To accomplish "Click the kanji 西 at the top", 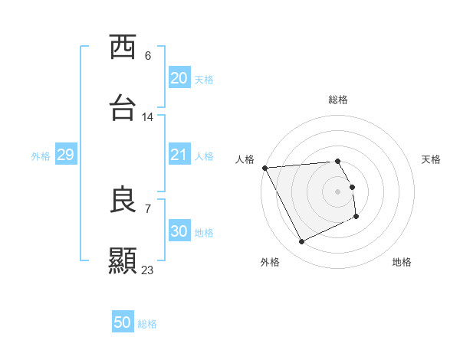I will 123,47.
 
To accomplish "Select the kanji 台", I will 123,108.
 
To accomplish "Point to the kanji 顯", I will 123,260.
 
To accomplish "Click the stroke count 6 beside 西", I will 148,56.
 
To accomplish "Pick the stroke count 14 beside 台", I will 148,117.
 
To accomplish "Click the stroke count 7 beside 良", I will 148,208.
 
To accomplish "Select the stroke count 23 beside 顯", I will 148,270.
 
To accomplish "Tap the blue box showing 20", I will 179,78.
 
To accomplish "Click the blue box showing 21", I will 179,155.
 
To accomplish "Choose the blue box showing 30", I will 179,231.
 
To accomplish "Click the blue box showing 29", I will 65,155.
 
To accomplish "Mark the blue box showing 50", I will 123,322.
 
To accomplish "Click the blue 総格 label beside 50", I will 147,324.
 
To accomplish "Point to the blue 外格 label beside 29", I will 41,156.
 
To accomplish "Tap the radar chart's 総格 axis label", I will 338,100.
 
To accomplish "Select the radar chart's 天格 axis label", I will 432,159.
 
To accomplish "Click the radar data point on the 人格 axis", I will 264,168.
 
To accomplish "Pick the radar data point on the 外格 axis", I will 301,242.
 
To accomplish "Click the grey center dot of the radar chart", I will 338,191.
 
